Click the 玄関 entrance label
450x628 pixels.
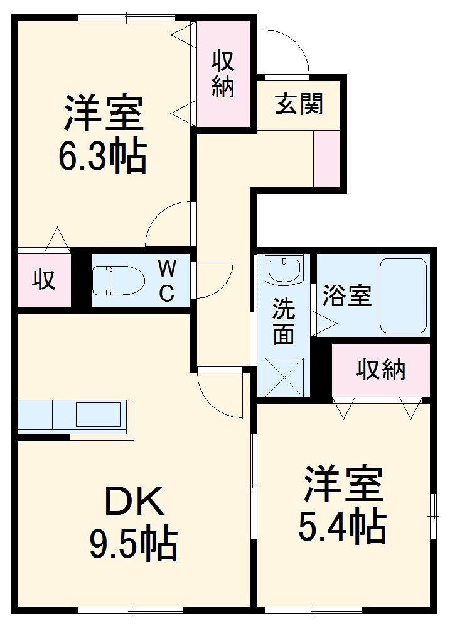(299, 104)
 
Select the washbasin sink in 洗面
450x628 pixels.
(285, 269)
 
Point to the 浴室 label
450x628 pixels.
(346, 295)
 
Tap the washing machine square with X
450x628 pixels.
(284, 377)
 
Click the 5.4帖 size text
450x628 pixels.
(341, 529)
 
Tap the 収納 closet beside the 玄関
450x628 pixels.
(223, 74)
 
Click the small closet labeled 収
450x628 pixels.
(44, 280)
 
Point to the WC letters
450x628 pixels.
(166, 280)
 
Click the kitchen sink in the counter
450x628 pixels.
(97, 416)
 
